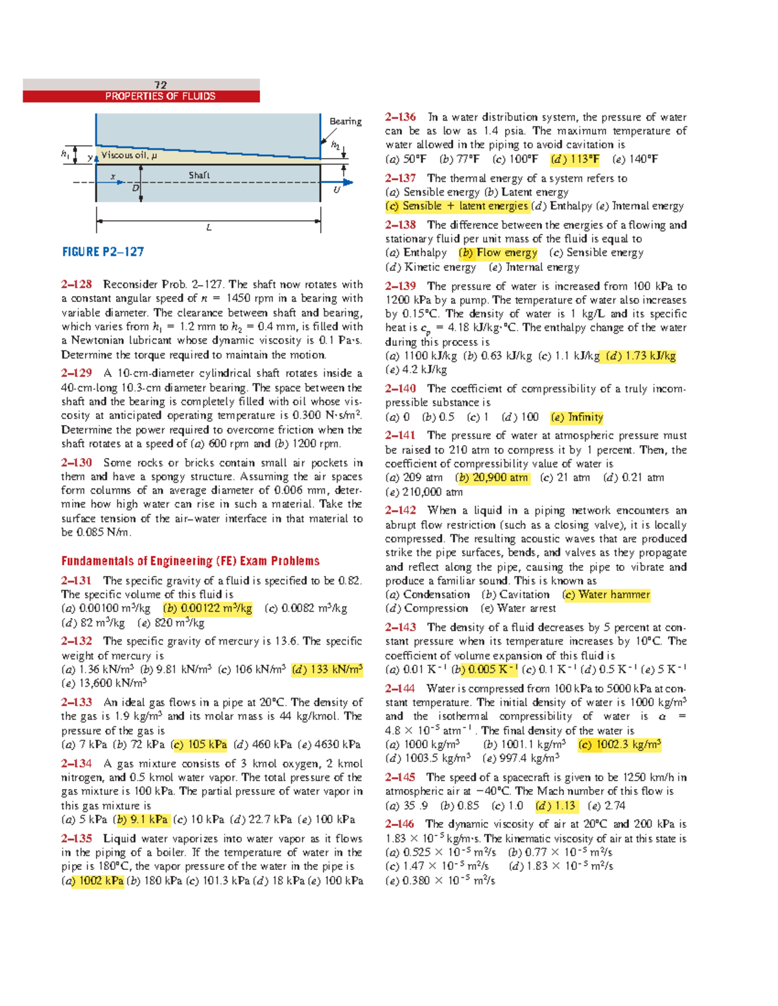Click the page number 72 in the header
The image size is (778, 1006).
coord(160,85)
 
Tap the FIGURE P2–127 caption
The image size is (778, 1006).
coord(102,252)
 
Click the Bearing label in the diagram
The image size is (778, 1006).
coord(345,121)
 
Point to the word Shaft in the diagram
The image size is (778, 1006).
coord(199,176)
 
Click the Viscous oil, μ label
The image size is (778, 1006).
coord(128,155)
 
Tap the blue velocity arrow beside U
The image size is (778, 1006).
coord(346,182)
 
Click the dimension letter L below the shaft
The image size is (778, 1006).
coord(208,228)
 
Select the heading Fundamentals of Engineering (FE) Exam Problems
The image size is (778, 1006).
coord(190,561)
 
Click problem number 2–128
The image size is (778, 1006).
coord(77,284)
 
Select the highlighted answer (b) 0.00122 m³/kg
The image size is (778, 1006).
coord(207,608)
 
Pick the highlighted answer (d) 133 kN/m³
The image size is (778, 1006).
coord(327,669)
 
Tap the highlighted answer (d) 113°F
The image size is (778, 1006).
coord(574,159)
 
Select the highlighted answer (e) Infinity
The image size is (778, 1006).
coord(577,417)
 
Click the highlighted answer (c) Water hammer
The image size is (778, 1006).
coord(606,595)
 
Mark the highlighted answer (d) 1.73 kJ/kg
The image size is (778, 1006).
coord(641,356)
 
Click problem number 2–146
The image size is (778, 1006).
coord(399,824)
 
